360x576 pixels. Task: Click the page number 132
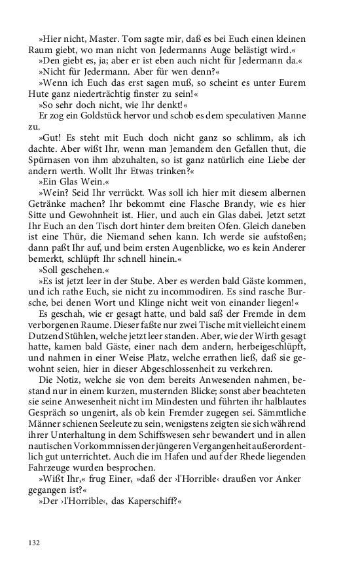point(35,543)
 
